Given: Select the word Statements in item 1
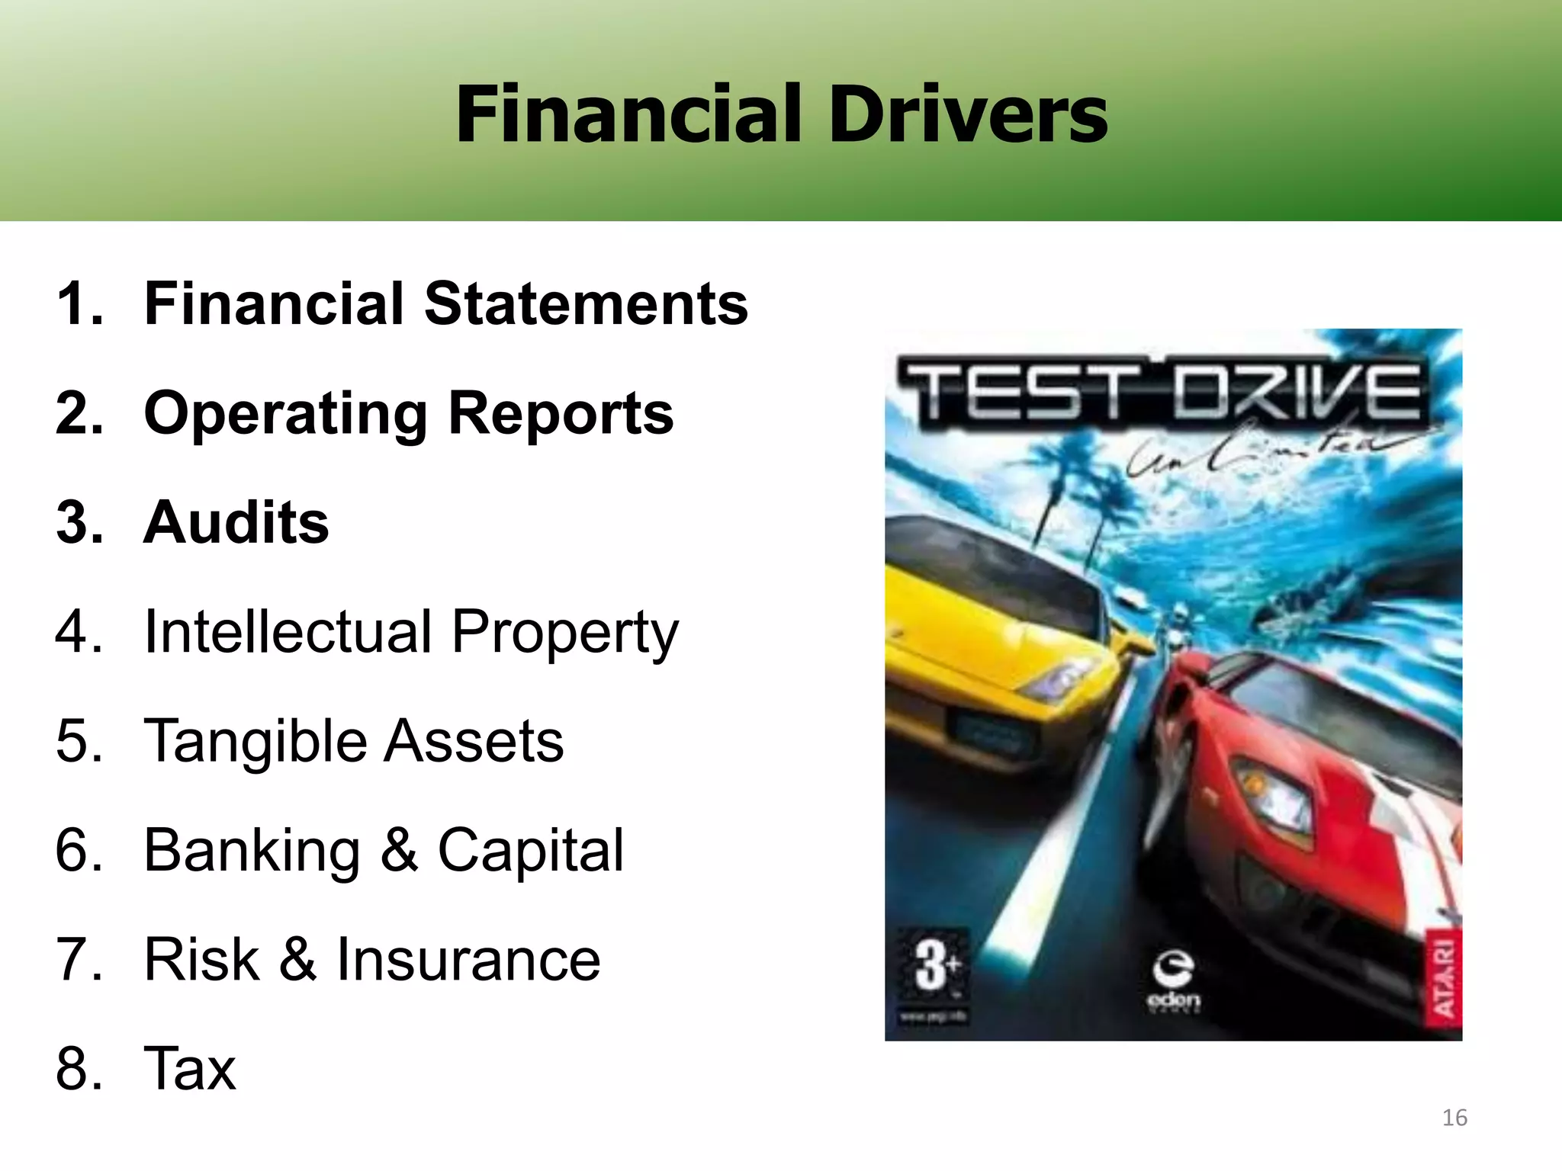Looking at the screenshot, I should (586, 304).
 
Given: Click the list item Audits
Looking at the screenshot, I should (236, 523).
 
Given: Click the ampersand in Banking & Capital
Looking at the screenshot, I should (399, 851).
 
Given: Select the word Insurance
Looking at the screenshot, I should (468, 960).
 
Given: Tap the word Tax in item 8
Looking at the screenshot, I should (191, 1069).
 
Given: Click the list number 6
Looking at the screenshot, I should (79, 851).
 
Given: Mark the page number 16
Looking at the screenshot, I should (1454, 1118).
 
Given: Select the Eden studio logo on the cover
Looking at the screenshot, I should (1174, 983).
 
